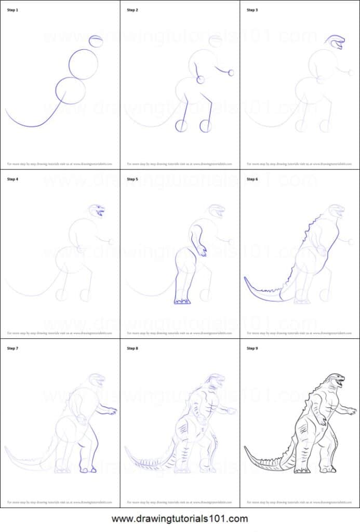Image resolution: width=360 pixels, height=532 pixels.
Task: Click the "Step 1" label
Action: click(12, 10)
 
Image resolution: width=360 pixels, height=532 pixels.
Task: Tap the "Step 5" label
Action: click(132, 179)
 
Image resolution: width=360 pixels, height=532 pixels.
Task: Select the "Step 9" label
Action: click(252, 348)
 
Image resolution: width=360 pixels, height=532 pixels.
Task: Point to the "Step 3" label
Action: click(252, 10)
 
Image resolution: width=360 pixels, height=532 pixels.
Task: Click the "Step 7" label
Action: click(12, 348)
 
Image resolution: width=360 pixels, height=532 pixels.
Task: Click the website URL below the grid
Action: click(180, 518)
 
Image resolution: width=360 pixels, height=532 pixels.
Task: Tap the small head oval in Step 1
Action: click(96, 42)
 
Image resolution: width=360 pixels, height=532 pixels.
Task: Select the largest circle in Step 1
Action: click(83, 64)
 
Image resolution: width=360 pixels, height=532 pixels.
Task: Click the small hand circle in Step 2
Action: click(231, 73)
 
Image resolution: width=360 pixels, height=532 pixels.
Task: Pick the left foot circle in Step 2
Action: click(181, 126)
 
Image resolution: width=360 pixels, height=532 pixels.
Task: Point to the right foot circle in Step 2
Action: click(206, 126)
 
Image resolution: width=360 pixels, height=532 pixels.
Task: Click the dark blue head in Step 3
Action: click(335, 42)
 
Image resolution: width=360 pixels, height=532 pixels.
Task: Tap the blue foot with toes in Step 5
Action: click(182, 301)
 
